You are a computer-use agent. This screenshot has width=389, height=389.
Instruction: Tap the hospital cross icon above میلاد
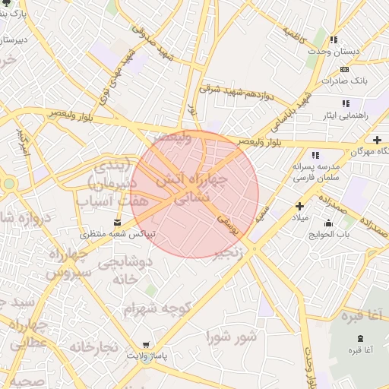pos(299,206)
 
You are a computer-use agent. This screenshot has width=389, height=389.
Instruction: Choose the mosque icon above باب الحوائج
pos(327,223)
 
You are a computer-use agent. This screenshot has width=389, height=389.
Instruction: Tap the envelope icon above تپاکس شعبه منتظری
pos(116,222)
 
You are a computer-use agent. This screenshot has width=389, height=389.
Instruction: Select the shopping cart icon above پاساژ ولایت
pos(145,344)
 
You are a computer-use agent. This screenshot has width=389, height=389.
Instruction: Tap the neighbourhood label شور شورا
pos(232,335)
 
